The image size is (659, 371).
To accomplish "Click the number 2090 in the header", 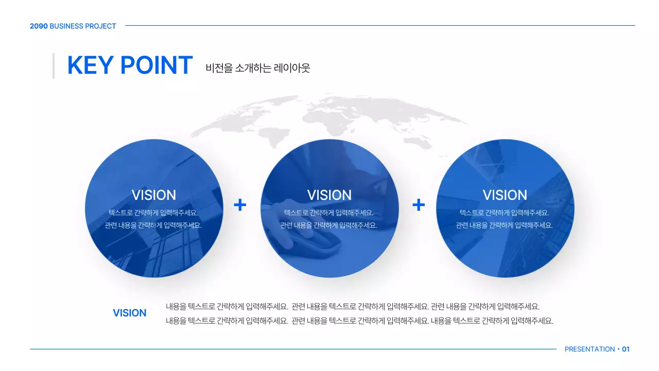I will [x=39, y=26].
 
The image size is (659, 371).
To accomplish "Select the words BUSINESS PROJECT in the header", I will [x=83, y=26].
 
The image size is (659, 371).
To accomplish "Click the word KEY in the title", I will [x=90, y=65].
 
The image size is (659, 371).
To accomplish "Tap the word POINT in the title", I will [x=157, y=65].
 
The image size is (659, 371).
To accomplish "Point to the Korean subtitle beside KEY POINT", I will [x=257, y=68].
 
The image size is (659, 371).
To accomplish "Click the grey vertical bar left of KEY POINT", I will [x=54, y=65].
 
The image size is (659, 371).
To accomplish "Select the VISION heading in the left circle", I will [x=153, y=195].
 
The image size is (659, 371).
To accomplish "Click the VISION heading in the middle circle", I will [x=329, y=195].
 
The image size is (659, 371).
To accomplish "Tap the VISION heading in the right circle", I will [x=505, y=195].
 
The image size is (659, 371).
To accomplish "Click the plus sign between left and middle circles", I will [x=240, y=205].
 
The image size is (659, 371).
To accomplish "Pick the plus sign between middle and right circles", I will [x=419, y=205].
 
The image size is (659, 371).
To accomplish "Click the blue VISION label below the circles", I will [x=129, y=313].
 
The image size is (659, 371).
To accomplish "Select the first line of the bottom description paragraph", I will [x=353, y=307].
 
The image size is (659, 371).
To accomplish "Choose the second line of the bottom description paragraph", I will [x=359, y=321].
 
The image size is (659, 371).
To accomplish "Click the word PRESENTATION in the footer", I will [x=589, y=349].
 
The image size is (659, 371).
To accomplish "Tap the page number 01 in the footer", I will [x=626, y=349].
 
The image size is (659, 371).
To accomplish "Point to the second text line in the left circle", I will [x=153, y=225].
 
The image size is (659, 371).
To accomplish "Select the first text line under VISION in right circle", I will [x=504, y=213].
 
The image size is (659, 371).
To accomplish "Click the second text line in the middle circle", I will [x=328, y=225].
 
